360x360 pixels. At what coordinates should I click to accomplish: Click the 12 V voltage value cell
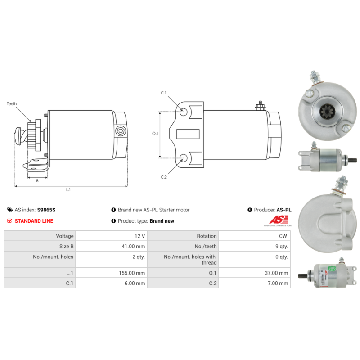140,236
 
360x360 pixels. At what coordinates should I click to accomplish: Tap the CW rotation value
283,236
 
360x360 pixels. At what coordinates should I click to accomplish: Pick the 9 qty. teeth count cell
279,246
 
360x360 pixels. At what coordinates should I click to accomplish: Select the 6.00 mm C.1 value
134,283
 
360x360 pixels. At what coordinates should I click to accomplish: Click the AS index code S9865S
46,210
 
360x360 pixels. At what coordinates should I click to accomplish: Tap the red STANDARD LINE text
34,221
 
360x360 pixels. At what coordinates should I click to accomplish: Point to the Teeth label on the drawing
12,104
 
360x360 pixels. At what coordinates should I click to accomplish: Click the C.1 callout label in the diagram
164,93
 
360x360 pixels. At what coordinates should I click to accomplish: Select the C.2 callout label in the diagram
164,177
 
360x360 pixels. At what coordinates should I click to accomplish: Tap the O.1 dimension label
155,133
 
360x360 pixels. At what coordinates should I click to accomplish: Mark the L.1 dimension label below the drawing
68,189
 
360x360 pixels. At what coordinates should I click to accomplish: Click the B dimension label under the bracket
37,180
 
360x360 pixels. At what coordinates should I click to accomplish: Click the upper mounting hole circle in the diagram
184,111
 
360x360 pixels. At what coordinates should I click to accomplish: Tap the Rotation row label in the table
207,236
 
